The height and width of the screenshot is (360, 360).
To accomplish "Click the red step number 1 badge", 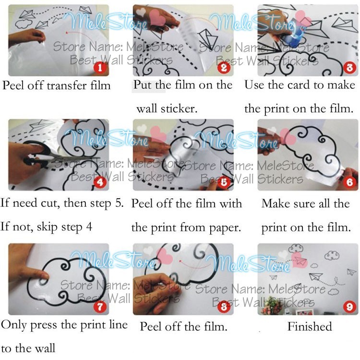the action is tap(100, 68).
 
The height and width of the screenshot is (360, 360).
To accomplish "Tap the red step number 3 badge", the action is tap(349, 68).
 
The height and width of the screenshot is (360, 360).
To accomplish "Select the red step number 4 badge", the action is tap(100, 182).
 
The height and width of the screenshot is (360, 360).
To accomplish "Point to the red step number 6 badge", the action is tap(349, 182).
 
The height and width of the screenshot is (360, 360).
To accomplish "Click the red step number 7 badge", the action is tap(100, 307).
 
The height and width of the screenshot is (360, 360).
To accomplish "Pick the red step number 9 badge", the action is tap(349, 307).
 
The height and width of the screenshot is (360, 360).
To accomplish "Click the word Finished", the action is tap(310, 326).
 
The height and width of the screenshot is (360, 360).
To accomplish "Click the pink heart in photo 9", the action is tap(300, 260).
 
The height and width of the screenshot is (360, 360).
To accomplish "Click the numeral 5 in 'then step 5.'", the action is tap(120, 203).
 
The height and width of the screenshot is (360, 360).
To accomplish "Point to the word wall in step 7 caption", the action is tap(45, 348).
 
